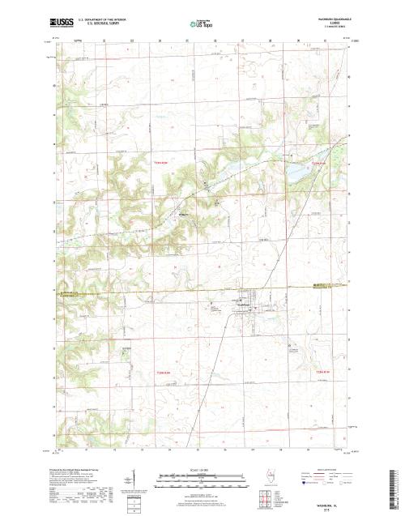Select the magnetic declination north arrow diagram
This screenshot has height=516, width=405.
[x=134, y=477]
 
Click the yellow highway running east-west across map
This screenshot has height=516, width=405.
[x=162, y=288]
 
